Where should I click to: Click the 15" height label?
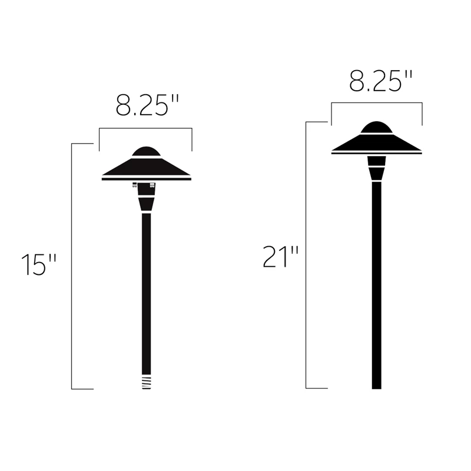pos(38,264)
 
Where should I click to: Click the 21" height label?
pos(281,257)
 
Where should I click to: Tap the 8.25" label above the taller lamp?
pos(380,81)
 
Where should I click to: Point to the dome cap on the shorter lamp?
pos(146,151)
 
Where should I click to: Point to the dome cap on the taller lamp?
pos(376,127)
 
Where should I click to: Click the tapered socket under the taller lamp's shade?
pos(376,168)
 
